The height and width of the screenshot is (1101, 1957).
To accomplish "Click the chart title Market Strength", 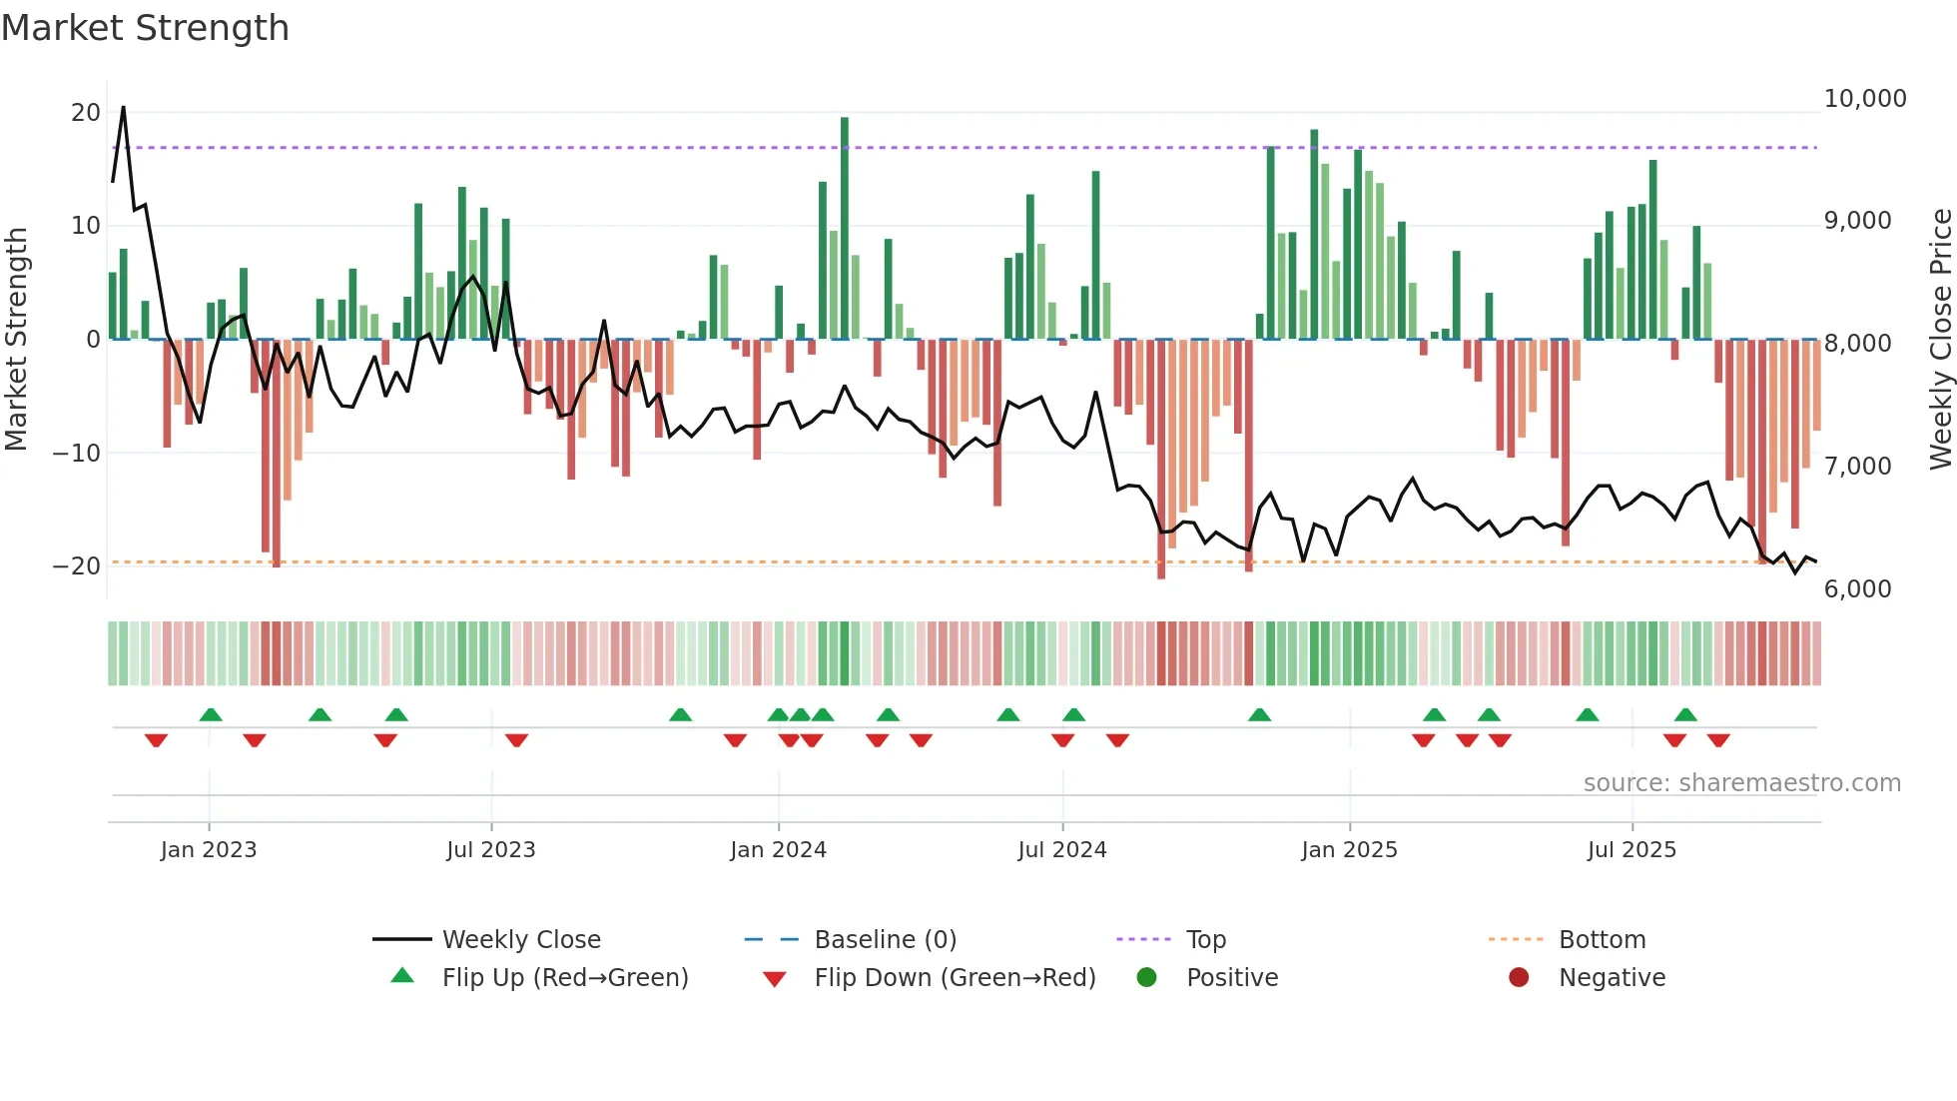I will pos(145,28).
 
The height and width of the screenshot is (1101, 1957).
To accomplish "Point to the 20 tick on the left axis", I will pos(86,113).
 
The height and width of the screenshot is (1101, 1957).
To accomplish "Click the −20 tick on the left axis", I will pos(77,566).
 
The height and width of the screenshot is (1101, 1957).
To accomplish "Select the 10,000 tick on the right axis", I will pos(1864,99).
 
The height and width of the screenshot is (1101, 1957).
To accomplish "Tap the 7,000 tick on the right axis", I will pos(1857,467).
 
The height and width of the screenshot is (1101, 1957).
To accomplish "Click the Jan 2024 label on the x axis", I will pos(778,850).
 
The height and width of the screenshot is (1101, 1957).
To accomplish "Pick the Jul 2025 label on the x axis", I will pos(1631,850).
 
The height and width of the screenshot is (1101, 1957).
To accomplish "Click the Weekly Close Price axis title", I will pos(1940,339).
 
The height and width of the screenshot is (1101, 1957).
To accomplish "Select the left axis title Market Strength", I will pos(16,339).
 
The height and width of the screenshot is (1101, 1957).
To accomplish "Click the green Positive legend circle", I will pos(1146,978).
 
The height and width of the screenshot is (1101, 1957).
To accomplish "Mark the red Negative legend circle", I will pos(1519,978).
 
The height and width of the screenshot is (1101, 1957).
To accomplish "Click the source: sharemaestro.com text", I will pos(1741,783).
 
